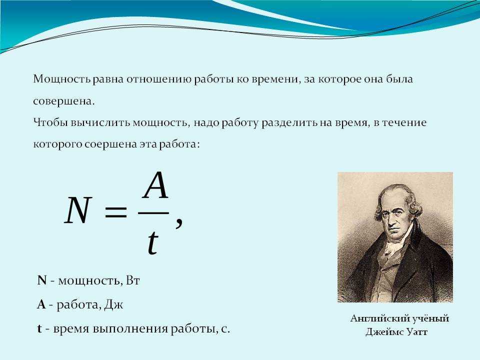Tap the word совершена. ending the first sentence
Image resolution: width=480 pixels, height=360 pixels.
pos(63,101)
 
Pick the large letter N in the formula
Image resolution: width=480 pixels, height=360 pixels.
pos(78,210)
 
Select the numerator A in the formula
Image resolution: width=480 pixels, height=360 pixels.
pos(155,185)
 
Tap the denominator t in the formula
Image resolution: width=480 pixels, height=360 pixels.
pos(153,243)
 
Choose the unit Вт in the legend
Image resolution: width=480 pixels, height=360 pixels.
pos(132,280)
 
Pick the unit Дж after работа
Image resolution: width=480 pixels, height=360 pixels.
pos(113,305)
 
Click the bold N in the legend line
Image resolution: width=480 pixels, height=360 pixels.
pos(42,280)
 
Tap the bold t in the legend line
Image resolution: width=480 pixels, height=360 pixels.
pos(39,329)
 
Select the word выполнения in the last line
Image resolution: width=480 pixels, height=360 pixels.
pos(130,329)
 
